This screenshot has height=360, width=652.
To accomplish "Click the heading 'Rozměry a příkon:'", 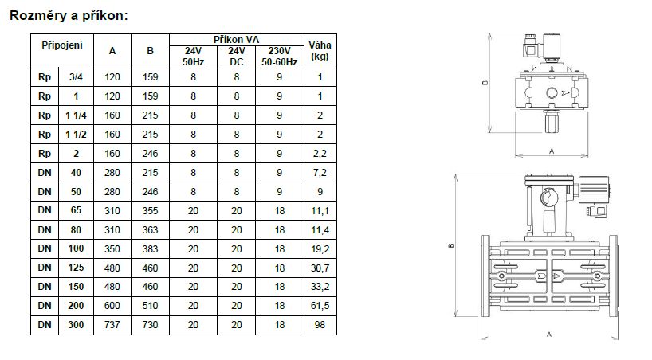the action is pos(69,16).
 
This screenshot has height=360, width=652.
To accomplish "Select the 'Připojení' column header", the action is pos(62,45).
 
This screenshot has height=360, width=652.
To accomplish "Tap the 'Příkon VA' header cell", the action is pos(236,40).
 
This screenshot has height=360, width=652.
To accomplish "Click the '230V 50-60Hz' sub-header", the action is pos(280,57).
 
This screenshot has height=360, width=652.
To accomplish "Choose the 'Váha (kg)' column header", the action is pos(320,51).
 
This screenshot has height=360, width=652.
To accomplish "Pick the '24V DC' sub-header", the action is pos(236,57).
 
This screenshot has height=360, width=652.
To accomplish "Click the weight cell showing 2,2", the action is pos(320,154).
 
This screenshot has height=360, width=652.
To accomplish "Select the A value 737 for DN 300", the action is pos(112,325).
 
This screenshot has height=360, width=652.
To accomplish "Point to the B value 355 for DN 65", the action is pos(150,211).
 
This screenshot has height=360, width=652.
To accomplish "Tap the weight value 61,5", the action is pos(320,307).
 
